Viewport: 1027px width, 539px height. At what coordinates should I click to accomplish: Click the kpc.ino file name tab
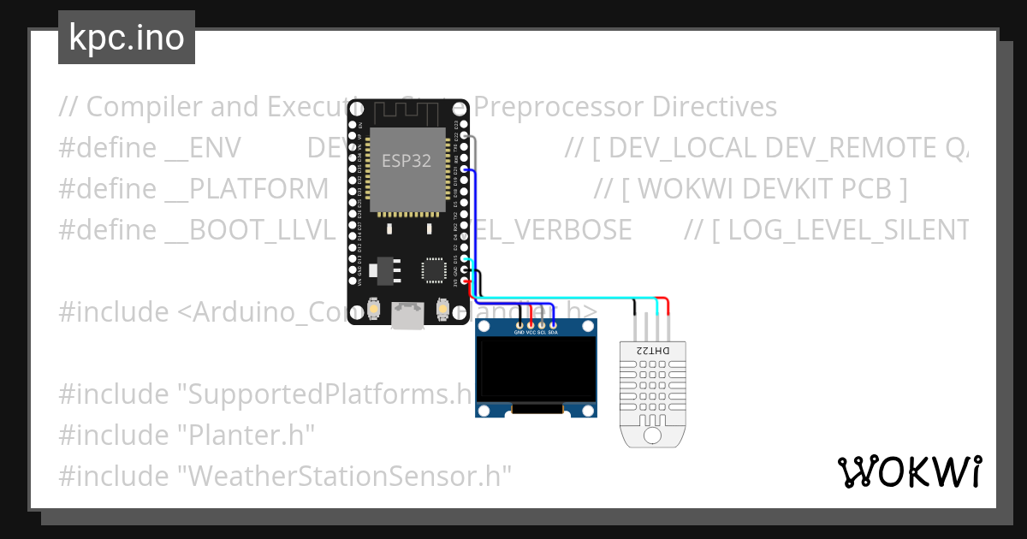[126, 38]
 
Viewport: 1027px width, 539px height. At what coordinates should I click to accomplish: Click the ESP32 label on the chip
[406, 159]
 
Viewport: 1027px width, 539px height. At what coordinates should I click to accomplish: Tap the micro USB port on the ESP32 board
[407, 316]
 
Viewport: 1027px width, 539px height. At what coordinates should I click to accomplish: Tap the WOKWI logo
[909, 471]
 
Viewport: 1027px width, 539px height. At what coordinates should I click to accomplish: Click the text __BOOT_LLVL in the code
[249, 230]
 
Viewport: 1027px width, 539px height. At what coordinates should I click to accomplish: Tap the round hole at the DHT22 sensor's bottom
[652, 436]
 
